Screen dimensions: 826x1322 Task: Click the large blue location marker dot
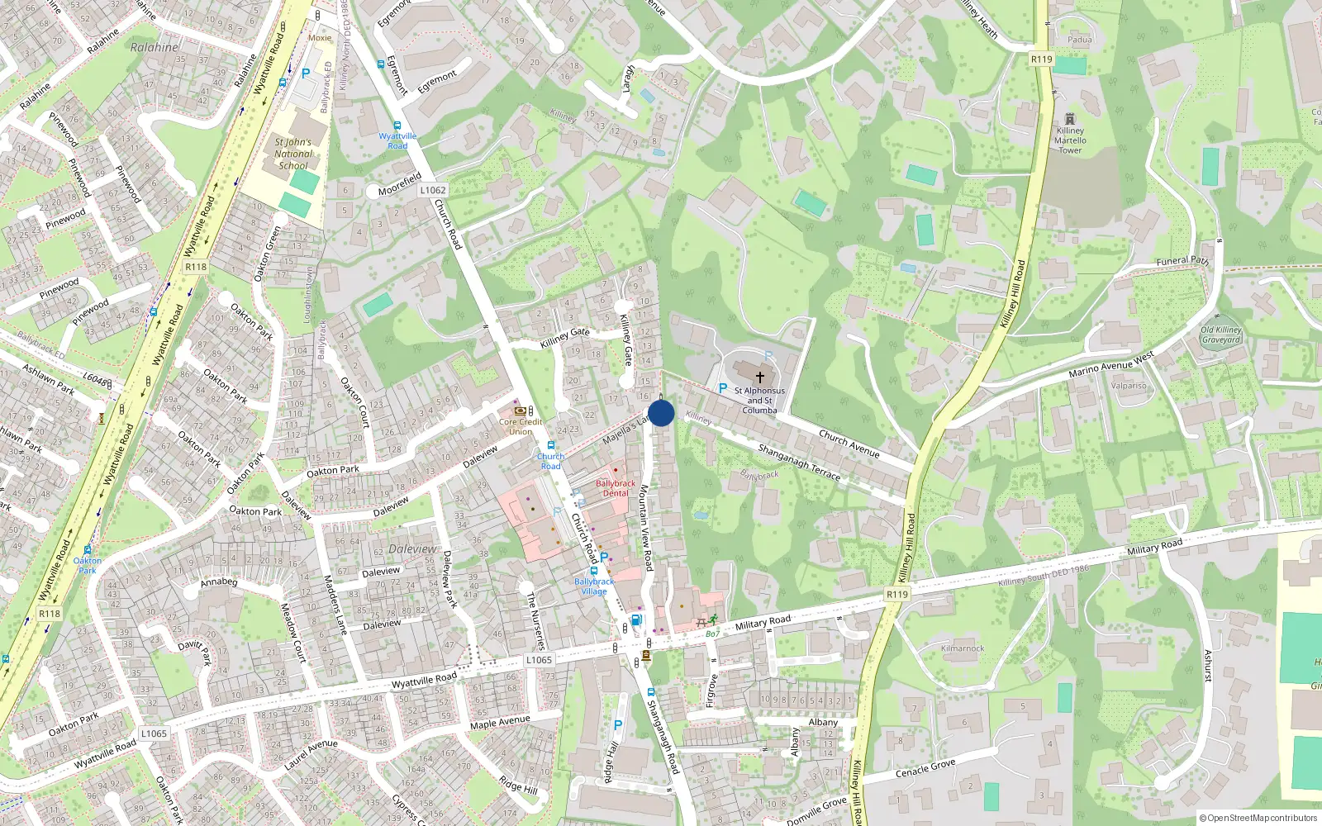(661, 413)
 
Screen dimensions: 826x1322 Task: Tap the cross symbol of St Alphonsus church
(759, 377)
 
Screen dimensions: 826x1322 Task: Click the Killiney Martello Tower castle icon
(1070, 119)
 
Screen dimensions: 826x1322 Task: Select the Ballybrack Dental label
(616, 488)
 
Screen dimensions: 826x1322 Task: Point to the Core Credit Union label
(521, 426)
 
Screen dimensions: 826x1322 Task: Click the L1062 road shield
(433, 190)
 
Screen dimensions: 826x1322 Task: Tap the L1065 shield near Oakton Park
(154, 733)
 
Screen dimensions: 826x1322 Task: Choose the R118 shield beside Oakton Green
(196, 267)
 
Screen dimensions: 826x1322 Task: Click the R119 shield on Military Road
(896, 594)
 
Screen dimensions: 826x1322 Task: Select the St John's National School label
(293, 154)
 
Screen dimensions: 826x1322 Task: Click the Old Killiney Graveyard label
(1221, 335)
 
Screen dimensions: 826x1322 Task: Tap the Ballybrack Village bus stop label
(594, 586)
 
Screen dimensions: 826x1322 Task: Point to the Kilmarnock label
(963, 648)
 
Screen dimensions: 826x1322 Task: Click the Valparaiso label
(1129, 386)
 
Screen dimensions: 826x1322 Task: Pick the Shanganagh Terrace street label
(799, 463)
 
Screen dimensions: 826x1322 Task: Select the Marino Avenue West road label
(1110, 364)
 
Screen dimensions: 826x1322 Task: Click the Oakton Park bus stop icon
(87, 549)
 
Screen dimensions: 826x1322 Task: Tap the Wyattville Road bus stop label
(397, 140)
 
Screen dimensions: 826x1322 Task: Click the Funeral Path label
(1182, 261)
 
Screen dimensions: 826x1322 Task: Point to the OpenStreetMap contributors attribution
(1258, 818)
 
